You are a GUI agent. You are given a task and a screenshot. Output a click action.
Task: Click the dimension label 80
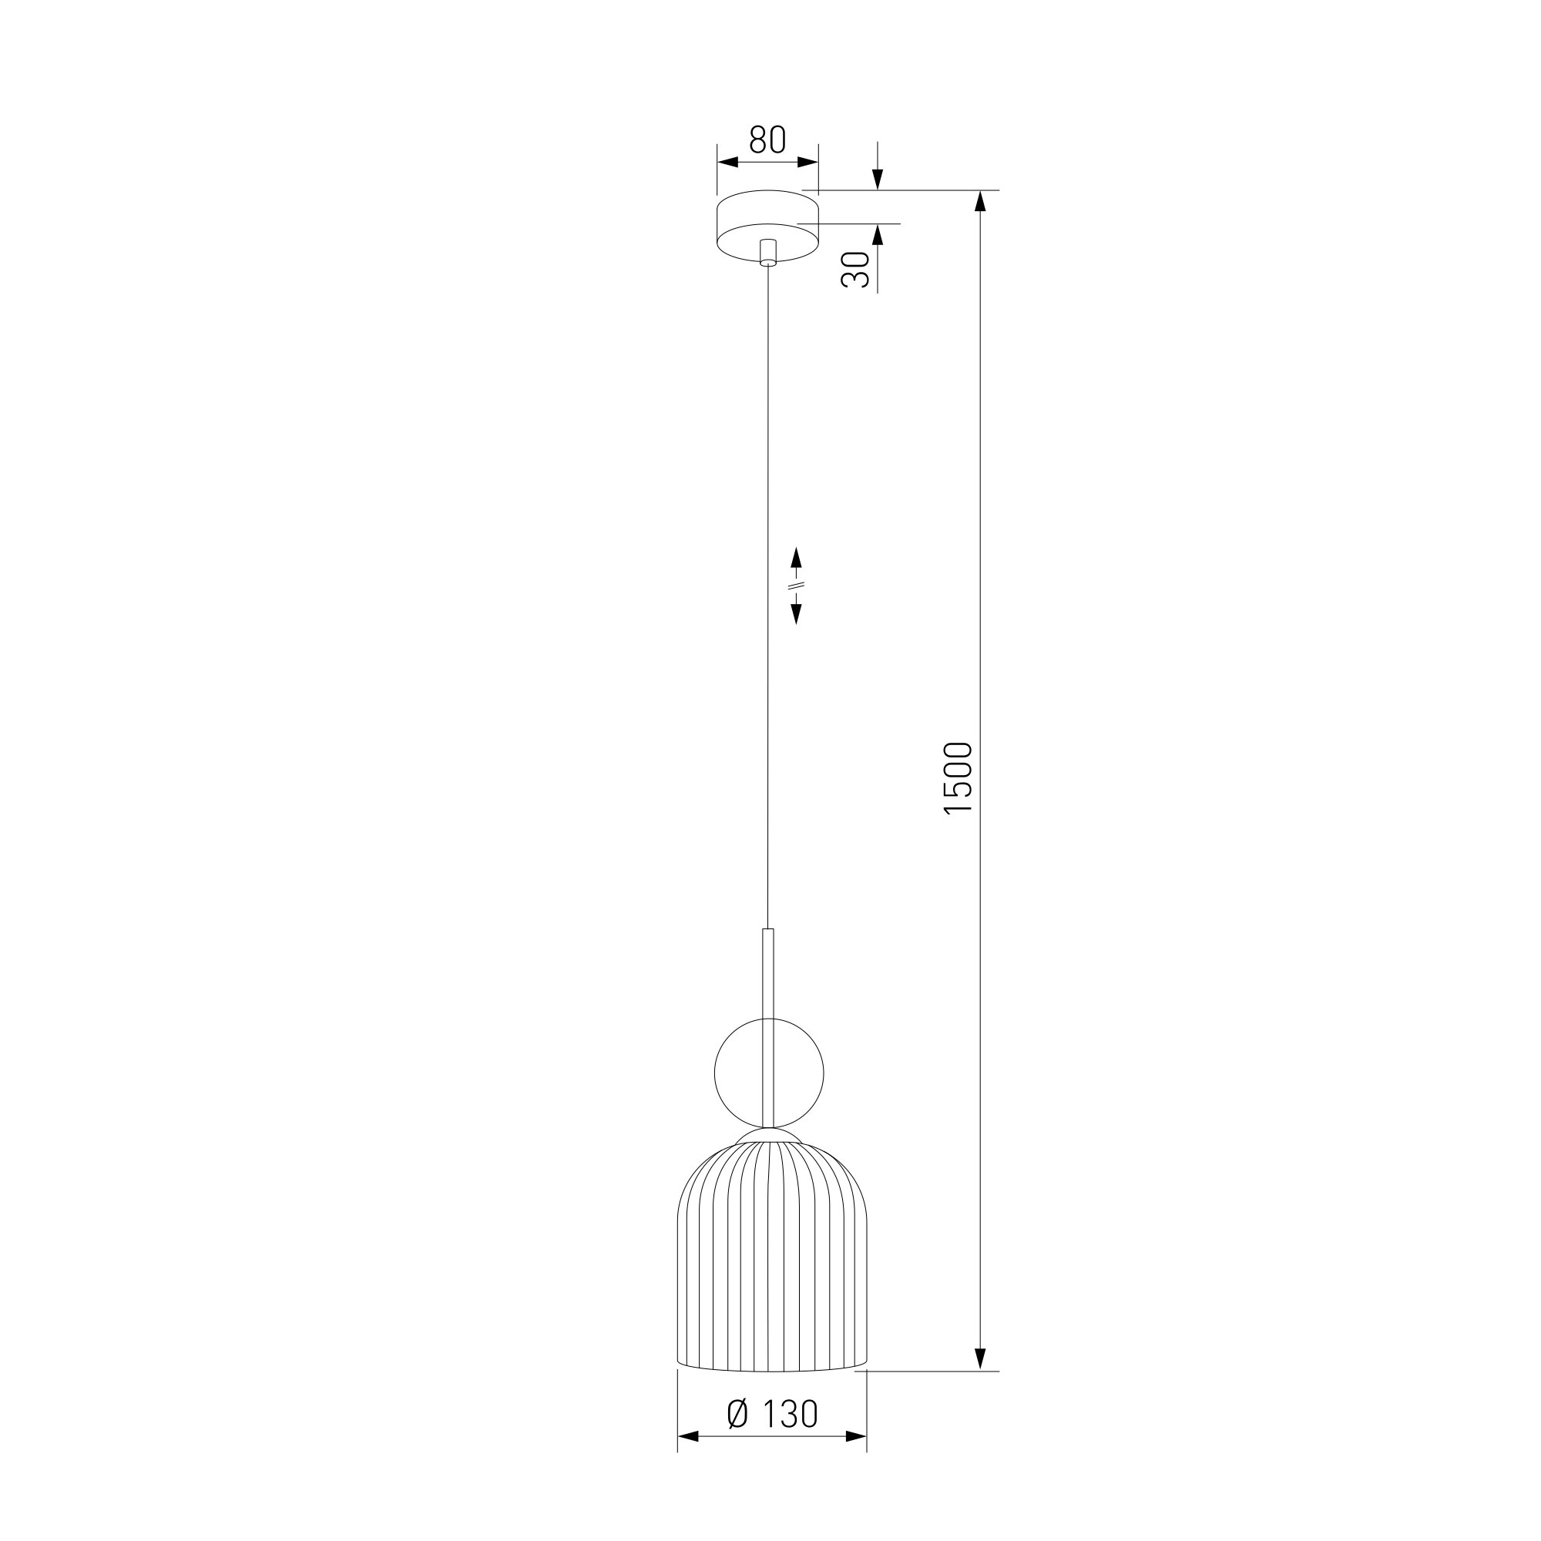click(x=767, y=139)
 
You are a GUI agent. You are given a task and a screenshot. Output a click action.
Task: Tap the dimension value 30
click(x=854, y=269)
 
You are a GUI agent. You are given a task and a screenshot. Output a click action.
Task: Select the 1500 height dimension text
click(x=958, y=777)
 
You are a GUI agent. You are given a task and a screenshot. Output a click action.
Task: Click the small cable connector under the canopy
click(x=768, y=251)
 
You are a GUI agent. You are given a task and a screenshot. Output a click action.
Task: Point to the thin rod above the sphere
click(x=769, y=973)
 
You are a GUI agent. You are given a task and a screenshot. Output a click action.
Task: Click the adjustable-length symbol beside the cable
click(x=796, y=585)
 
